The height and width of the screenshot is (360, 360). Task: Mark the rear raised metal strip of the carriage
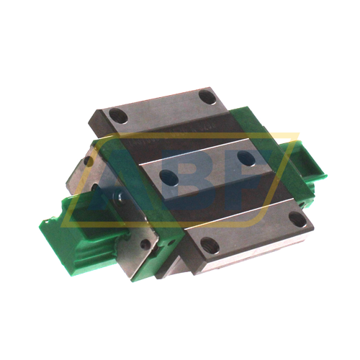coord(162,108)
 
